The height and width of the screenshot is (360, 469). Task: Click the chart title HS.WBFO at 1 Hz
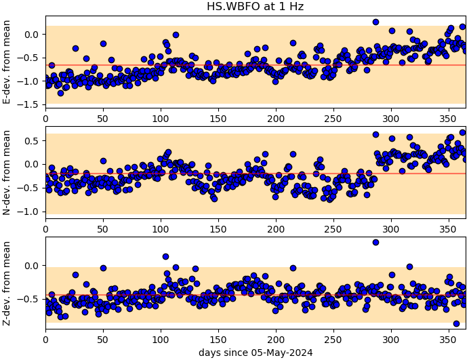255,6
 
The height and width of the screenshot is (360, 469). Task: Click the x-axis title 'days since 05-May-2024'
256,353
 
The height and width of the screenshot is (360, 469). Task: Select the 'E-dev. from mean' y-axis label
6,62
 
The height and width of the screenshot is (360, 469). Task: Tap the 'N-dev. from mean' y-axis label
6,172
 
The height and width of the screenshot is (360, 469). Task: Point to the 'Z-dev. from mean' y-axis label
6,283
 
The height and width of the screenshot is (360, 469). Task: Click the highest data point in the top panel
375,22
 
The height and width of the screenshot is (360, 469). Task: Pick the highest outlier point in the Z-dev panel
375,243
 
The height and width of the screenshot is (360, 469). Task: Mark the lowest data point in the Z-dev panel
456,323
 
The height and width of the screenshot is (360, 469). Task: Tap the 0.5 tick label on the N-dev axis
33,140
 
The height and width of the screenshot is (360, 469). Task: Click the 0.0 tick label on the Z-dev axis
33,266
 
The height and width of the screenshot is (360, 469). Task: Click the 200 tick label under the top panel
276,119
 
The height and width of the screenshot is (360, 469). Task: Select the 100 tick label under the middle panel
161,230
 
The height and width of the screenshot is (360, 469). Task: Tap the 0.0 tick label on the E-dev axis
33,35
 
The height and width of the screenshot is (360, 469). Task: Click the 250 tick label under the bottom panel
333,340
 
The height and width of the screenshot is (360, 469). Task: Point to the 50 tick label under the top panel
103,119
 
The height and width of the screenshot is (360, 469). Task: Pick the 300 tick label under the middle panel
391,230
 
